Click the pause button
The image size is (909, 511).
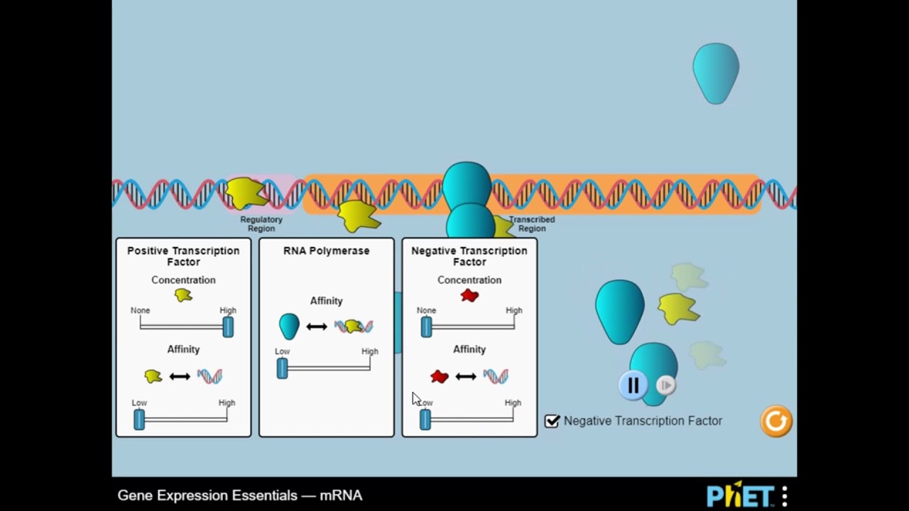[x=633, y=385]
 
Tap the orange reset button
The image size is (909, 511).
[x=775, y=421]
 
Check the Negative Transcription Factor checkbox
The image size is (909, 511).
[x=553, y=421]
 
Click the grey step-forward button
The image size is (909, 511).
[x=665, y=385]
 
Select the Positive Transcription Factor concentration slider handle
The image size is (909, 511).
[x=228, y=326]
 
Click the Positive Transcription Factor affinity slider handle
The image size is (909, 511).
[x=139, y=419]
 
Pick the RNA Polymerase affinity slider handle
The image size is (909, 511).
[x=283, y=368]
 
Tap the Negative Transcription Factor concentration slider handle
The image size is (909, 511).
[x=426, y=326]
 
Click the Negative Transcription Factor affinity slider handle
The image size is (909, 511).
[x=425, y=419]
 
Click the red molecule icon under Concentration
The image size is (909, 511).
[x=469, y=295]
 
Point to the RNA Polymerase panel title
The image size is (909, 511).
[x=326, y=251]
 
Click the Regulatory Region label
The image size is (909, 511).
[x=261, y=224]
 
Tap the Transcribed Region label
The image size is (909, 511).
[x=532, y=224]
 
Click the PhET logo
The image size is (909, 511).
[x=739, y=495]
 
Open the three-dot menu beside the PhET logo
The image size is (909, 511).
[x=785, y=495]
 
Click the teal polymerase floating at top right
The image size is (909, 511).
[x=716, y=72]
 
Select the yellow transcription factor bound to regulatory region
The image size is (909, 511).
[x=246, y=193]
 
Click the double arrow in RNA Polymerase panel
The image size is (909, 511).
[x=317, y=326]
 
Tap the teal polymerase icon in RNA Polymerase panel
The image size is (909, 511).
[x=289, y=326]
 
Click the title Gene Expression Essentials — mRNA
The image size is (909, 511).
[x=240, y=495]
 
